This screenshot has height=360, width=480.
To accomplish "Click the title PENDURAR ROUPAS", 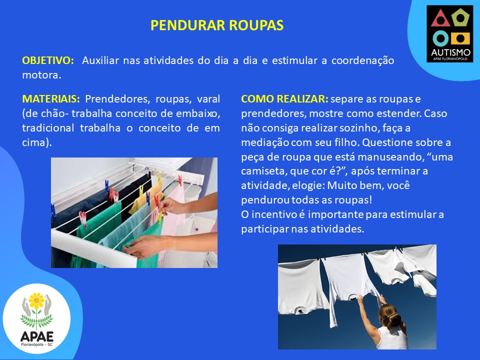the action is click(x=217, y=25).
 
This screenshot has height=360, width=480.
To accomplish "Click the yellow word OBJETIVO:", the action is click(x=48, y=60).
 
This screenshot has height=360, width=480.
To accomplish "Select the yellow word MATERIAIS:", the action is click(x=51, y=99).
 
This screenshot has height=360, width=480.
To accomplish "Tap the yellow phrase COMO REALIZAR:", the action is click(x=284, y=99).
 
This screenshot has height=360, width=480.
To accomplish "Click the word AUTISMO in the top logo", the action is click(x=450, y=52).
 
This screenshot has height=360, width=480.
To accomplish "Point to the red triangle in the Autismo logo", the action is click(x=440, y=19).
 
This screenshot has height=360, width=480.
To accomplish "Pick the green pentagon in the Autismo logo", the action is click(x=460, y=18).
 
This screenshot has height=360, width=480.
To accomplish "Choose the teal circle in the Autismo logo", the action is click(x=440, y=38).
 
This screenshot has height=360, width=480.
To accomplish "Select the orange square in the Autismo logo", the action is click(x=460, y=38).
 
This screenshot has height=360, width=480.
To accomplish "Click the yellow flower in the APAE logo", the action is click(x=36, y=301).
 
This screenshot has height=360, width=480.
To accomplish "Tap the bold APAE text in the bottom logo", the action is click(x=36, y=336).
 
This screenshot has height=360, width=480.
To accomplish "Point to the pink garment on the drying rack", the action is click(x=173, y=211).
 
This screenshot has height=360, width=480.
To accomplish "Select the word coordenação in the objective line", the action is click(x=363, y=60).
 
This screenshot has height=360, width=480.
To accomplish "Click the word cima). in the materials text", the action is click(x=36, y=142).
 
